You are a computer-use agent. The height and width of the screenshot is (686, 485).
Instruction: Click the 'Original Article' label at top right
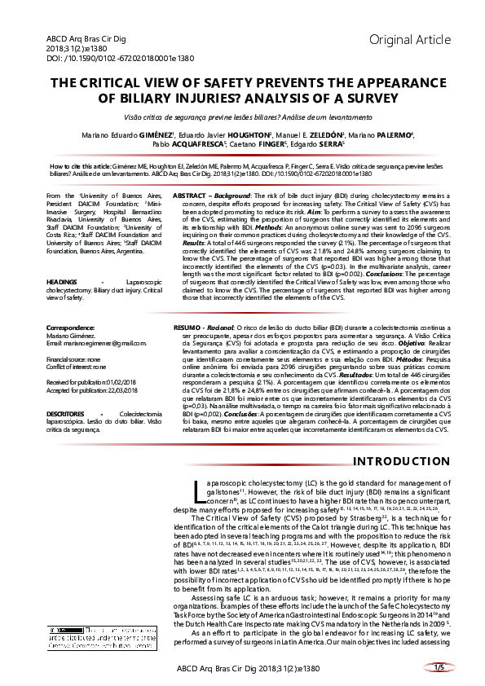point(405,40)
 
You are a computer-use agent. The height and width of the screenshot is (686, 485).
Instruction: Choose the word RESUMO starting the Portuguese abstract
point(191,327)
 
